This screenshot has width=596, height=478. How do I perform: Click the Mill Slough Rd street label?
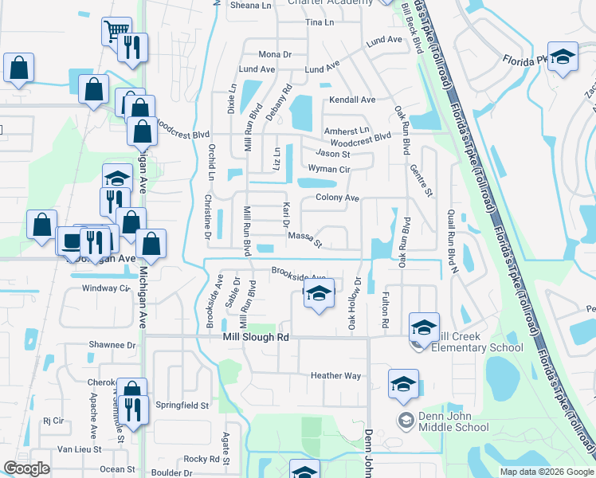[254, 338]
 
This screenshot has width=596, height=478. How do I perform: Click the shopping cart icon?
[116, 31]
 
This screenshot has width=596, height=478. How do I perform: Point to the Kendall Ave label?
[352, 100]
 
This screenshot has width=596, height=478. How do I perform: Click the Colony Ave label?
[338, 198]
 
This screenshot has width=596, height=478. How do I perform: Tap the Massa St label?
[304, 238]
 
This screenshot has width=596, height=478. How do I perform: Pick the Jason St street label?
[333, 154]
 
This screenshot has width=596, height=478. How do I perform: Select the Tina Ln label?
[320, 22]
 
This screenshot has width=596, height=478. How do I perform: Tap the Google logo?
[26, 468]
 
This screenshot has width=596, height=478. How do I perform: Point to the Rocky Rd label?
[202, 459]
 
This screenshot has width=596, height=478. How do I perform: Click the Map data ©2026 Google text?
[546, 472]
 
